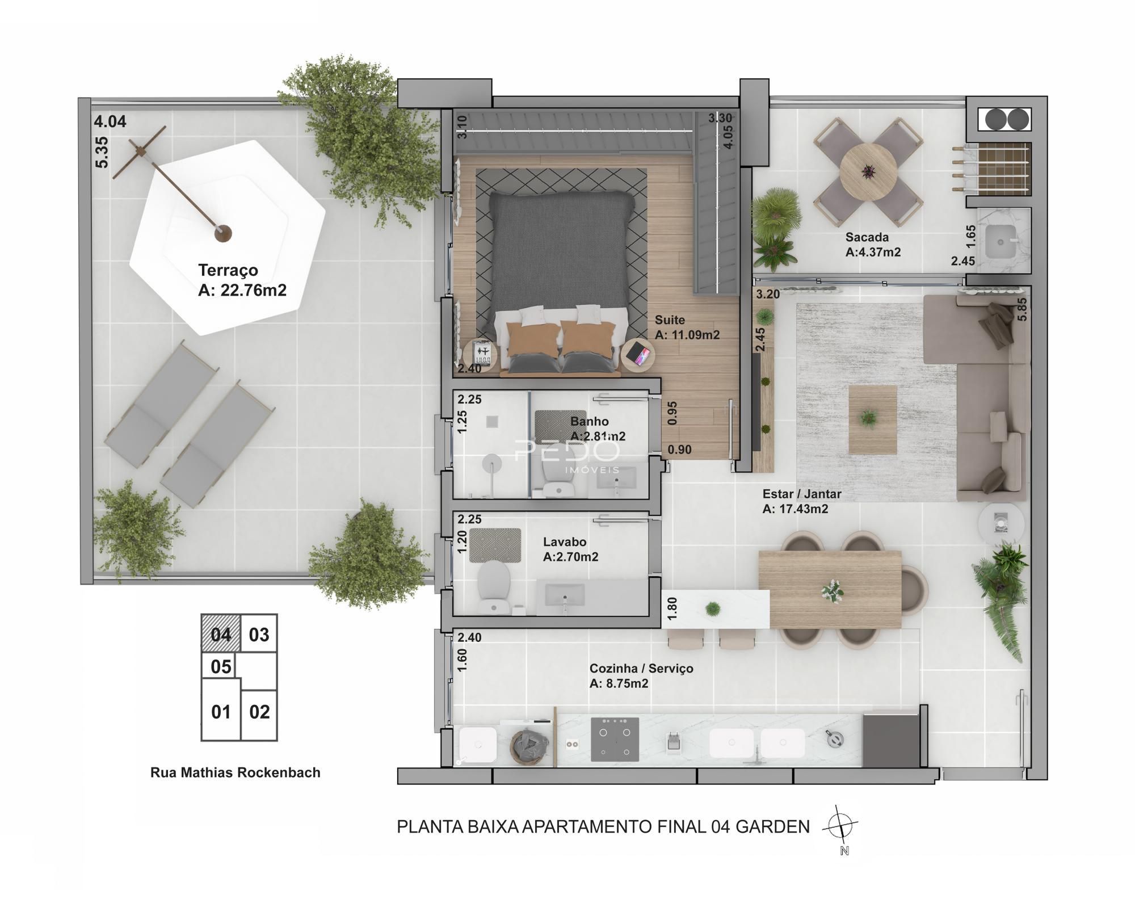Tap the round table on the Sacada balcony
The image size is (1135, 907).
868,170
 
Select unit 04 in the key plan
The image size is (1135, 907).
221,634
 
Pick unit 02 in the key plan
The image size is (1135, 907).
259,712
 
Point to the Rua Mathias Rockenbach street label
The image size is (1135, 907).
235,772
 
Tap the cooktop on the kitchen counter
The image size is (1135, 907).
615,740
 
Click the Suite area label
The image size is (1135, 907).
687,327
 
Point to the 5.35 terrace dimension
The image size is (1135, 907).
102,152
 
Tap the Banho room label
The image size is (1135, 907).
598,429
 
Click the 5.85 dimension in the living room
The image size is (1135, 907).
1022,309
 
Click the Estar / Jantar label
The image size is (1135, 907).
801,501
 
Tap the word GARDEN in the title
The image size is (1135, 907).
772,827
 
